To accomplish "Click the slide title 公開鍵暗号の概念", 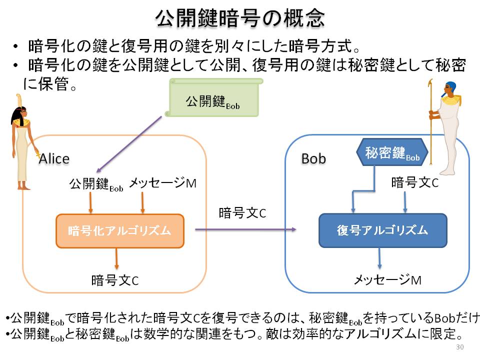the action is [239, 18].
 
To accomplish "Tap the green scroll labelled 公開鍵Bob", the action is [213, 97].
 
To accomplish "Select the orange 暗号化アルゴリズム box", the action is [120, 231].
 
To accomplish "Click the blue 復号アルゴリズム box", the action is [383, 230].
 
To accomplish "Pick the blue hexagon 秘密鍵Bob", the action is [392, 152].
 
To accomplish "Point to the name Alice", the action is [54, 159].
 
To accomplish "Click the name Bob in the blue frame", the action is [313, 158].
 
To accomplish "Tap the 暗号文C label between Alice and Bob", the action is [242, 213].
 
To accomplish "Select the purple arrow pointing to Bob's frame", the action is [246, 229].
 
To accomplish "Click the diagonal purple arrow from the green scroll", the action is [129, 144].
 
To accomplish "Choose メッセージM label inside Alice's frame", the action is [163, 183].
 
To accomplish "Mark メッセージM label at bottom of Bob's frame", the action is [387, 280].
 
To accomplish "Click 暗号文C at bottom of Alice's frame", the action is [115, 280].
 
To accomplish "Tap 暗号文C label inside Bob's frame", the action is [415, 182].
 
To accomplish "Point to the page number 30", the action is [460, 347].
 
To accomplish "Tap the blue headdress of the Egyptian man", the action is [451, 87].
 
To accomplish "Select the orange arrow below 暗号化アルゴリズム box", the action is [116, 258].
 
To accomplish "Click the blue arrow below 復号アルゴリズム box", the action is [379, 258].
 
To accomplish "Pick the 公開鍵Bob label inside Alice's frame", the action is [96, 184].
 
